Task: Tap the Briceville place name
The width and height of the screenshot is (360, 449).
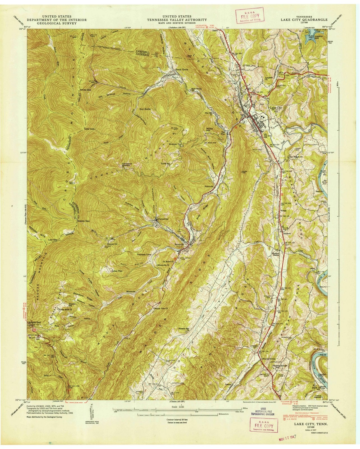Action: click(180, 244)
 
